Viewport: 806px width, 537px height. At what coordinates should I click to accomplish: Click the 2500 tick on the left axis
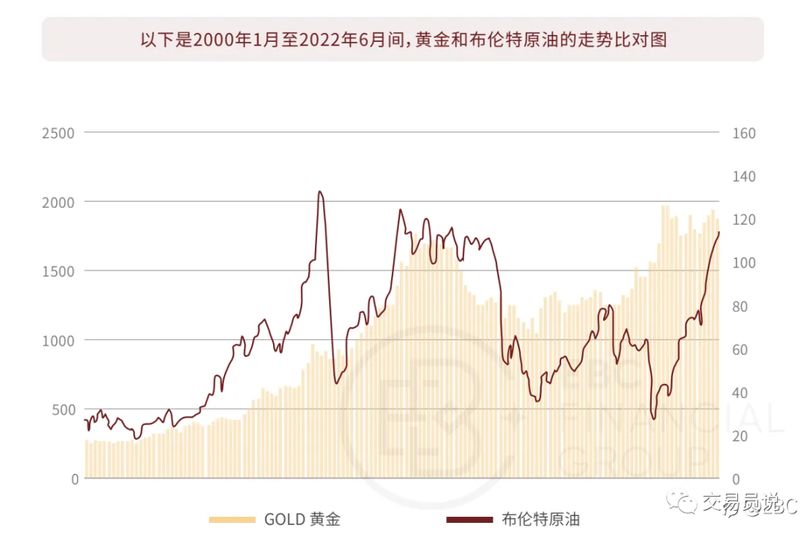click(58, 133)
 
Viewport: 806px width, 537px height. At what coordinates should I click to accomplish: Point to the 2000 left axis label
click(58, 202)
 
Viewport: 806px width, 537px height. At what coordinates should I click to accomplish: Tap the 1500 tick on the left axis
click(58, 271)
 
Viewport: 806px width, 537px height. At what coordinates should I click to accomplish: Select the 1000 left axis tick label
click(58, 341)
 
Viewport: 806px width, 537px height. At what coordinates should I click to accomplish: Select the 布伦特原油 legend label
click(540, 519)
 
